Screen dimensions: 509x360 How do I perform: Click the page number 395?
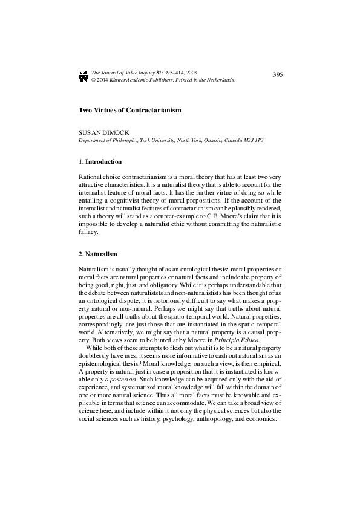[x=278, y=74]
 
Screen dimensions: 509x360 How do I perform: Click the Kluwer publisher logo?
[x=83, y=76]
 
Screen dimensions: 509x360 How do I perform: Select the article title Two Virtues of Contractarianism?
[x=130, y=111]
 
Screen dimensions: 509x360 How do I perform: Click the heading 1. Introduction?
[x=100, y=162]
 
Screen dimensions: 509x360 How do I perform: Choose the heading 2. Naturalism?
[x=98, y=254]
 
